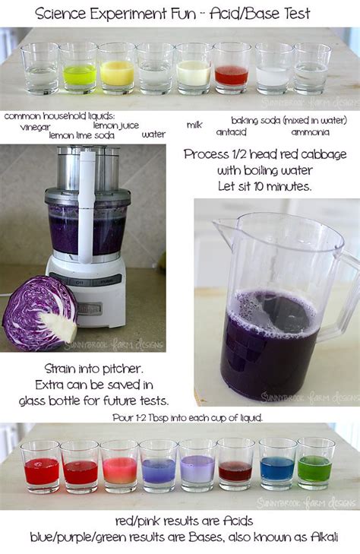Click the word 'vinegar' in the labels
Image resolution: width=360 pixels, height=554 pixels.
[x=36, y=127]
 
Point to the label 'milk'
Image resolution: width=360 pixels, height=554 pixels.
[x=195, y=125]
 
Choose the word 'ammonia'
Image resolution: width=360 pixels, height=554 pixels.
[x=310, y=131]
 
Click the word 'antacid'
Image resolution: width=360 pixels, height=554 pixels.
[x=231, y=131]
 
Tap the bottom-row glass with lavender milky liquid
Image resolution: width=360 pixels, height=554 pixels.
[x=197, y=467]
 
